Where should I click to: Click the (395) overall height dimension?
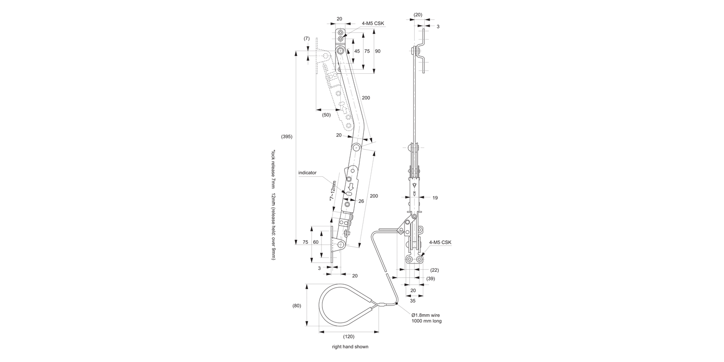[x=287, y=137]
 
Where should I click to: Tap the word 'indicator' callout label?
[x=307, y=172]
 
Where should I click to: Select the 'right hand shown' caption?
[x=350, y=347]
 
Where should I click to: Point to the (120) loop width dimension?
[x=348, y=336]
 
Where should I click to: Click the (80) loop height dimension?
[x=297, y=305]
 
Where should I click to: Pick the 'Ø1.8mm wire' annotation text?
[x=425, y=315]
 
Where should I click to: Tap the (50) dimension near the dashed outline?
[x=327, y=115]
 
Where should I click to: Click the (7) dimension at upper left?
[x=306, y=38]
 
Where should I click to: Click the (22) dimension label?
[x=434, y=270]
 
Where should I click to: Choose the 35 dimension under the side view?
[x=413, y=300]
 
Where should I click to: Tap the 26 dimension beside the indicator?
[x=361, y=201]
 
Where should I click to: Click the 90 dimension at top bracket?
[x=377, y=51]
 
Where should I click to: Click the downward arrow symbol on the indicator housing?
[x=351, y=186]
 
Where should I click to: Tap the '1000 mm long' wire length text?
[x=426, y=321]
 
